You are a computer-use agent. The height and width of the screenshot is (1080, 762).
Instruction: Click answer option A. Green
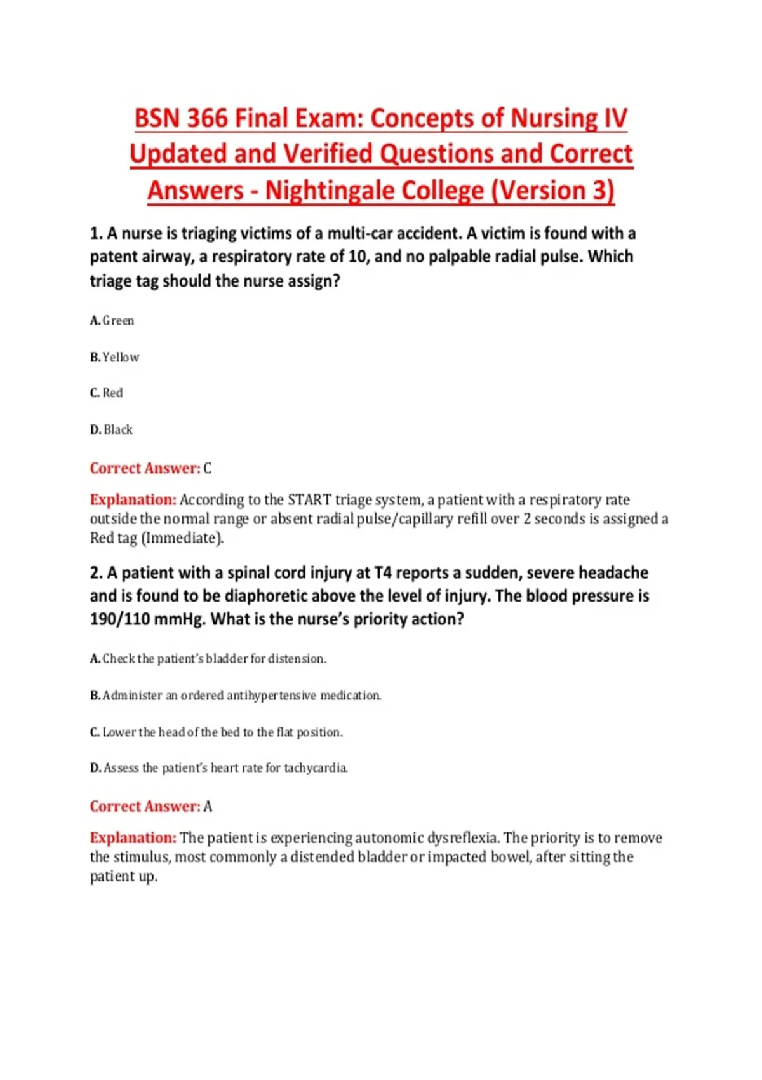point(112,321)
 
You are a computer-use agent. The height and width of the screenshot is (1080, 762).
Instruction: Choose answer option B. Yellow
point(115,358)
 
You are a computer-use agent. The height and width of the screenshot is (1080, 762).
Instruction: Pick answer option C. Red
point(107,393)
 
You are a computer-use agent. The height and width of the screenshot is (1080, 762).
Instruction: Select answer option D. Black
point(112,430)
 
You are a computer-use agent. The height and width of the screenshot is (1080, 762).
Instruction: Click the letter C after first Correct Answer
point(207,469)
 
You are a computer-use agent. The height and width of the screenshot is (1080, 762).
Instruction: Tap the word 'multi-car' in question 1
point(360,234)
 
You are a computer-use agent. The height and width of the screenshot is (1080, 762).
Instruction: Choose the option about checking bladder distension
point(208,659)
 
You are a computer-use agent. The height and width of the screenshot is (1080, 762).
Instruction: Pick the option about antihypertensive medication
point(236,696)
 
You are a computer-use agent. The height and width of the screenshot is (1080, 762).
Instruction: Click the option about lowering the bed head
point(217,732)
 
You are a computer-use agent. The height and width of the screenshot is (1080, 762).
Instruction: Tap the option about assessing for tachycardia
point(219,768)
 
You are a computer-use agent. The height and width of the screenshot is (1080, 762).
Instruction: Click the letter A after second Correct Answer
point(208,807)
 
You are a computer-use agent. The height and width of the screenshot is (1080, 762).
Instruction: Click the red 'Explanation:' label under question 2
point(133,838)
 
